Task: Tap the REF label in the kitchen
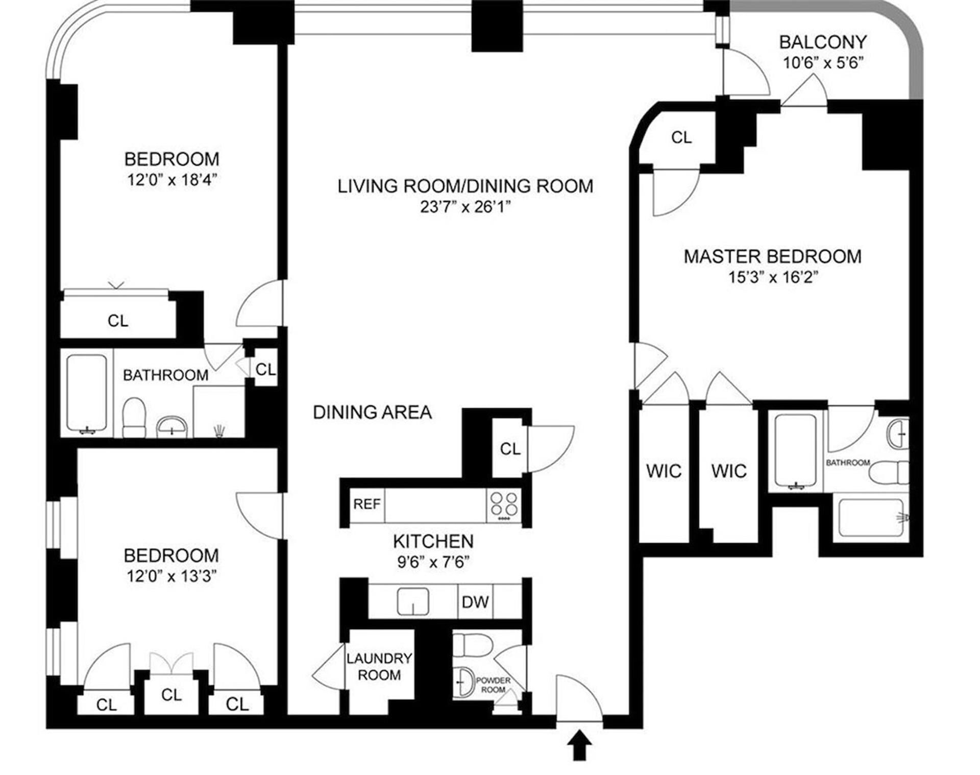pos(366,504)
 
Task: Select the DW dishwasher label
pos(475,602)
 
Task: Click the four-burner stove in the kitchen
pos(504,505)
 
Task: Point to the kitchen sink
pos(413,601)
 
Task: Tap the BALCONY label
pos(823,42)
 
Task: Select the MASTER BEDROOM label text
pos(772,256)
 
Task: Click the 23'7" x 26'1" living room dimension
pos(465,207)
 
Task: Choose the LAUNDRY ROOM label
pos(379,667)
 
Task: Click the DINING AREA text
pos(372,412)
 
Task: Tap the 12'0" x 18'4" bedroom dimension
pos(171,180)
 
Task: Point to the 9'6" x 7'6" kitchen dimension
pos(433,562)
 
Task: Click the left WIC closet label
pos(664,471)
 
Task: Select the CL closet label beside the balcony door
pos(681,137)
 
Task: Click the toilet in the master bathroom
pos(888,472)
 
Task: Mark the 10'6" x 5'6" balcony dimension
pos(823,63)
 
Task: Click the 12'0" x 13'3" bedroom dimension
pos(171,576)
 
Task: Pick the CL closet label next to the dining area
pos(510,449)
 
